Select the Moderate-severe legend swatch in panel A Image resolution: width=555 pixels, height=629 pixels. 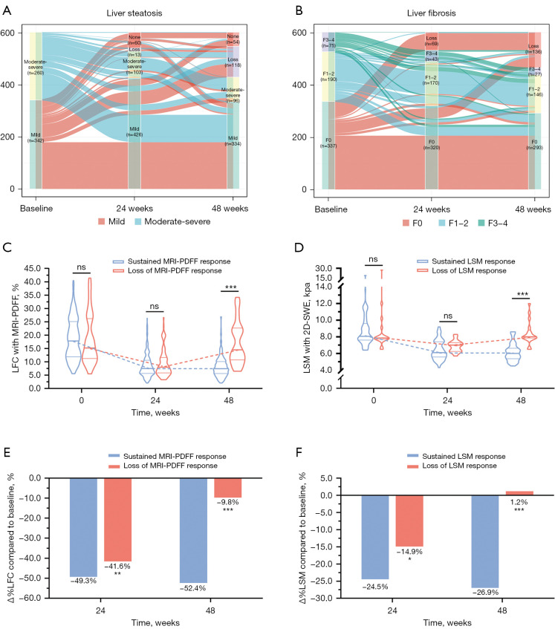tap(145, 221)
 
